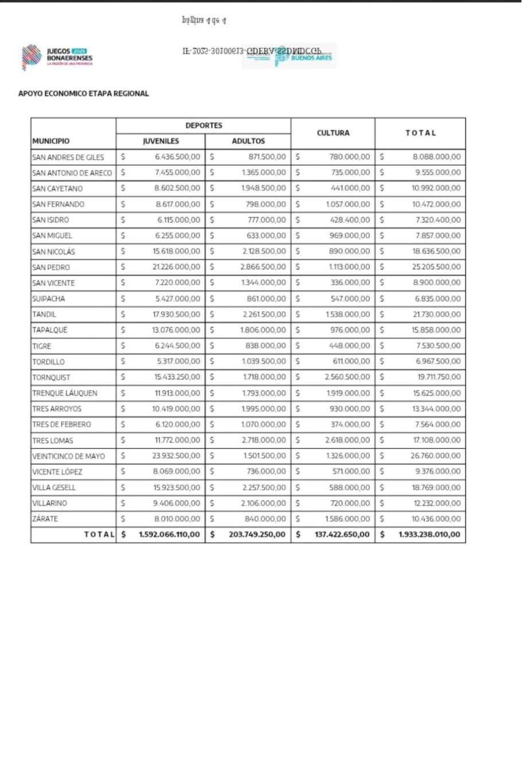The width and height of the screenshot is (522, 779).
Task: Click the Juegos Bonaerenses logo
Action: coord(57,57)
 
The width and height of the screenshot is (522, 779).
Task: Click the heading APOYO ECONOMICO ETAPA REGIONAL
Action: coord(84,93)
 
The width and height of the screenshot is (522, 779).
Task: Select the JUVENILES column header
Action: coord(161,141)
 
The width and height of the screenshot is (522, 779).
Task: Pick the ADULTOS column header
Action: coord(248,141)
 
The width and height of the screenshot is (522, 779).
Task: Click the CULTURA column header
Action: coord(333,133)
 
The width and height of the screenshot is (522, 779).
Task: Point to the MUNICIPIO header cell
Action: coord(51,141)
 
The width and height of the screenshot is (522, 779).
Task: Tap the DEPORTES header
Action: coord(204,125)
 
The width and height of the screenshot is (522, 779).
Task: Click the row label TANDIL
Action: coord(45,314)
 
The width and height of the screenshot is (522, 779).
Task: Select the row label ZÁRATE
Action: coord(45,519)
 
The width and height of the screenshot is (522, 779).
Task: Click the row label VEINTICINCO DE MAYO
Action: coord(69,456)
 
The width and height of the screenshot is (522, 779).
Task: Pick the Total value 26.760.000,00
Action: coord(435,456)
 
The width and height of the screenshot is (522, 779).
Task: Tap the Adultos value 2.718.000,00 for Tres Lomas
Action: coord(263,440)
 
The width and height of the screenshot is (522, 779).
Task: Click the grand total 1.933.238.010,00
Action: coord(429,534)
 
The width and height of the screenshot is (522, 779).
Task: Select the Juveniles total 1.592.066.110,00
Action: coord(169,534)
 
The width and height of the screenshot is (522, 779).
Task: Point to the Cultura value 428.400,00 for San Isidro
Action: coord(350,220)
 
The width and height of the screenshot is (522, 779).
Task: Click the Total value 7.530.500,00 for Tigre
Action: coord(438,346)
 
